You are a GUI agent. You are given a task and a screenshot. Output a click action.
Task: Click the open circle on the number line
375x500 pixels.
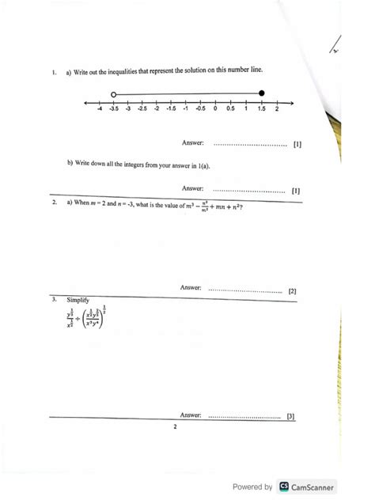[114, 93]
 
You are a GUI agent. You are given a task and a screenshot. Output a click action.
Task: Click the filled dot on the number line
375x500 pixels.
[262, 93]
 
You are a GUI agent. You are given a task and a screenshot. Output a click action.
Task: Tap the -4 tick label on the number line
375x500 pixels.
[99, 110]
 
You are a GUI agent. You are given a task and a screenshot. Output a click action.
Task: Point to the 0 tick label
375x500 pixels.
[214, 110]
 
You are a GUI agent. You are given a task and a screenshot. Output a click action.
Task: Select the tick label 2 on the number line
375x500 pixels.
[276, 110]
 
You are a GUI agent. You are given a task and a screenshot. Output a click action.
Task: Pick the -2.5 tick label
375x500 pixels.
[142, 110]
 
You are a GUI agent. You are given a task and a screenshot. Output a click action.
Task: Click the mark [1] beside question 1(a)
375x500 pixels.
[297, 145]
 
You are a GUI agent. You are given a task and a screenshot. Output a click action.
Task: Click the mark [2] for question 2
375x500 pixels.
[292, 291]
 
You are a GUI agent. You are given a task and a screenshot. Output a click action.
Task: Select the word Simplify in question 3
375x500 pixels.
[78, 301]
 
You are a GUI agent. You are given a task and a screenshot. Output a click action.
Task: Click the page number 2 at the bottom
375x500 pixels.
[175, 427]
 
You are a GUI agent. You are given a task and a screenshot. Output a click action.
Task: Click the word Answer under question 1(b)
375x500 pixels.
[193, 189]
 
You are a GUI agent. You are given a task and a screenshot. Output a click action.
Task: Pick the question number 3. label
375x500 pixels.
[53, 301]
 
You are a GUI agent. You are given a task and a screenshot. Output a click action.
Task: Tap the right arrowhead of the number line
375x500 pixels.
[291, 103]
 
